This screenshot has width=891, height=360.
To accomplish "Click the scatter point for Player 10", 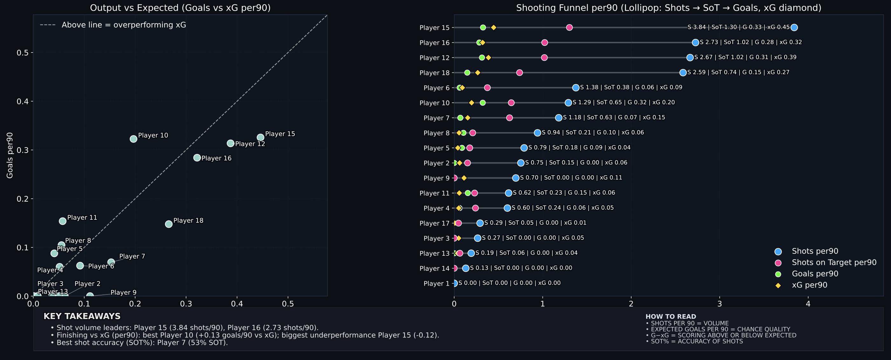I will pyautogui.click(x=134, y=139).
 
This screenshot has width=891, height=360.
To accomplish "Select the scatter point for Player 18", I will pyautogui.click(x=169, y=224).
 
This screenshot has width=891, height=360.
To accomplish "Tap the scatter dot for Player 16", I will pyautogui.click(x=197, y=158).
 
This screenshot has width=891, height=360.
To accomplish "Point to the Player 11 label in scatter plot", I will pyautogui.click(x=82, y=218).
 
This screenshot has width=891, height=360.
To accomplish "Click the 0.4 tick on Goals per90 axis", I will pyautogui.click(x=24, y=101).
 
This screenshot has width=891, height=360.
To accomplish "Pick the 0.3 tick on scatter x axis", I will pyautogui.click(x=186, y=304).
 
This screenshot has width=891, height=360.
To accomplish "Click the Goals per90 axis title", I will pyautogui.click(x=10, y=155).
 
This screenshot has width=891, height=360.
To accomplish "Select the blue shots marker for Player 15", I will pyautogui.click(x=794, y=28).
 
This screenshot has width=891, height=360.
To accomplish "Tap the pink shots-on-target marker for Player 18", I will pyautogui.click(x=520, y=73).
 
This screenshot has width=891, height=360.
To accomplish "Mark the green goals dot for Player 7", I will pyautogui.click(x=460, y=118).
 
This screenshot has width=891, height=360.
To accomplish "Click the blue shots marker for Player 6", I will pyautogui.click(x=576, y=88).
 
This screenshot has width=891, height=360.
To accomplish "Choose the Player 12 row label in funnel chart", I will pyautogui.click(x=434, y=58).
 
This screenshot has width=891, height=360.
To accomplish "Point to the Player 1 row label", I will pyautogui.click(x=437, y=284).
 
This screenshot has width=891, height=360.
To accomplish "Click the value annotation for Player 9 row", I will pyautogui.click(x=571, y=178).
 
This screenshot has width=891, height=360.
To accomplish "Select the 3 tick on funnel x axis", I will pyautogui.click(x=719, y=304).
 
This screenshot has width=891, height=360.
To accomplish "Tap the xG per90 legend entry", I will pyautogui.click(x=809, y=285).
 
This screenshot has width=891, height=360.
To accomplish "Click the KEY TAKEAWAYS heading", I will pyautogui.click(x=82, y=316).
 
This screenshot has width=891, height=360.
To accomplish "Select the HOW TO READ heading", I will pyautogui.click(x=671, y=316).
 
